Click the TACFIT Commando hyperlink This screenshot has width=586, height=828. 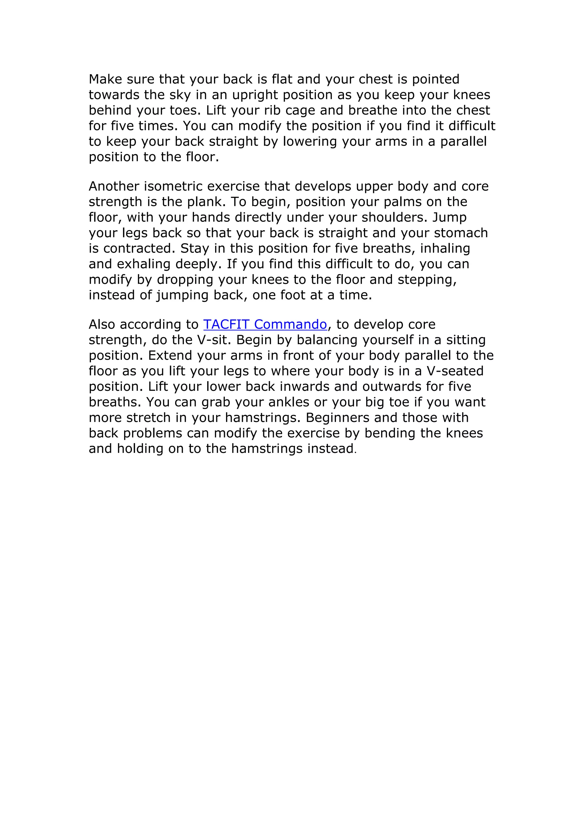point(265,324)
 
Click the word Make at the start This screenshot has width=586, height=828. point(105,79)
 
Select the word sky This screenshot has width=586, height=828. point(180,95)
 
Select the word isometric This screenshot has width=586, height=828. point(173,186)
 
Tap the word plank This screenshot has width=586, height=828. point(206,202)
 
